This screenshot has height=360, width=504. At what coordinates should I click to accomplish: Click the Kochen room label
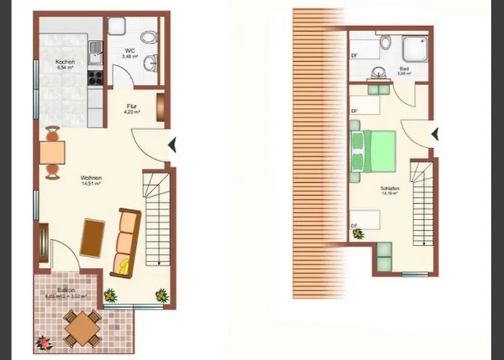coord(66,63)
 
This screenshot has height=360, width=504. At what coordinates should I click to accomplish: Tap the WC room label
coord(130,51)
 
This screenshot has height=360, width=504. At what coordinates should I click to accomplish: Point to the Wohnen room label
coord(91,181)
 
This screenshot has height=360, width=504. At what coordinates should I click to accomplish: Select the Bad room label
coord(404,71)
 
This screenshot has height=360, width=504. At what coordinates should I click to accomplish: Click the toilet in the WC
coord(148,37)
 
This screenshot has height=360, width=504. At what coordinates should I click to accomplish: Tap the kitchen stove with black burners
coord(94,72)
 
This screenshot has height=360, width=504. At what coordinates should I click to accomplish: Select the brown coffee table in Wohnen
coord(93,238)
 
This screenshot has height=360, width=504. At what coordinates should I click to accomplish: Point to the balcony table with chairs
coord(82,328)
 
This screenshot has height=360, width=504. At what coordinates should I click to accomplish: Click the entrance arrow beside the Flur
coord(173,145)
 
